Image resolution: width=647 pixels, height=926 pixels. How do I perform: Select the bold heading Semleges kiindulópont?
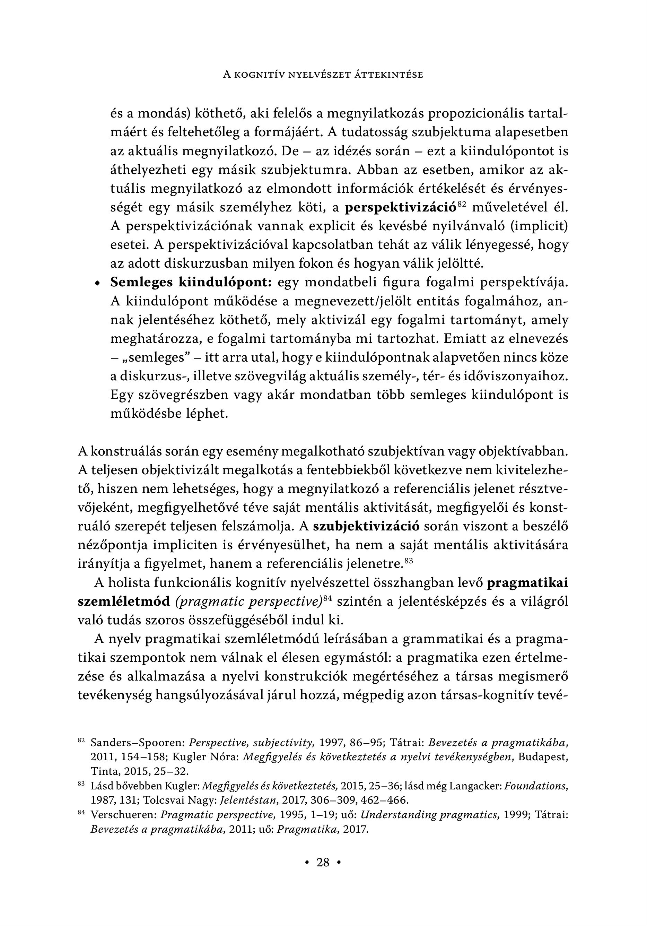click(192, 282)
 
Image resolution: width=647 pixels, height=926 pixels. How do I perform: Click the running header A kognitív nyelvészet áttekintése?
click(323, 75)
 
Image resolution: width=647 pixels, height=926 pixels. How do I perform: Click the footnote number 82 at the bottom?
click(81, 741)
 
